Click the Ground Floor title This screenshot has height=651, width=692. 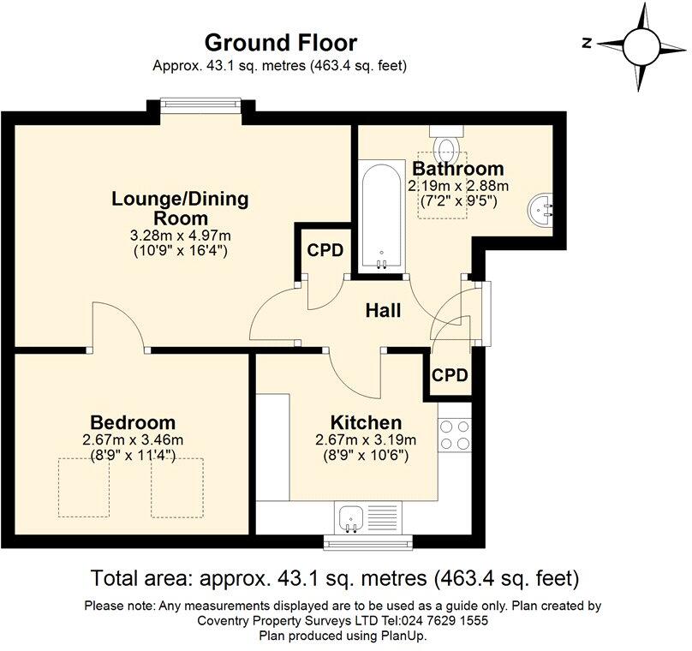click(280, 42)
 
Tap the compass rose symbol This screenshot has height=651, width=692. click(641, 45)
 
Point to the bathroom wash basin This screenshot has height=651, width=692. click(544, 206)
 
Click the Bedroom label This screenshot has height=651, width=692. click(133, 422)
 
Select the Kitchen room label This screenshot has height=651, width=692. click(366, 422)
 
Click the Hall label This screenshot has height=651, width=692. click(383, 310)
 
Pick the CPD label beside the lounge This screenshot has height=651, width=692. click(325, 251)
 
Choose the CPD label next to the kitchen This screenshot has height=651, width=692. click(449, 375)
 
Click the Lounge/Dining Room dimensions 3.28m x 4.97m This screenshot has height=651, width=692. click(180, 235)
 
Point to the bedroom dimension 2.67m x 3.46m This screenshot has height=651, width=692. click(133, 440)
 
